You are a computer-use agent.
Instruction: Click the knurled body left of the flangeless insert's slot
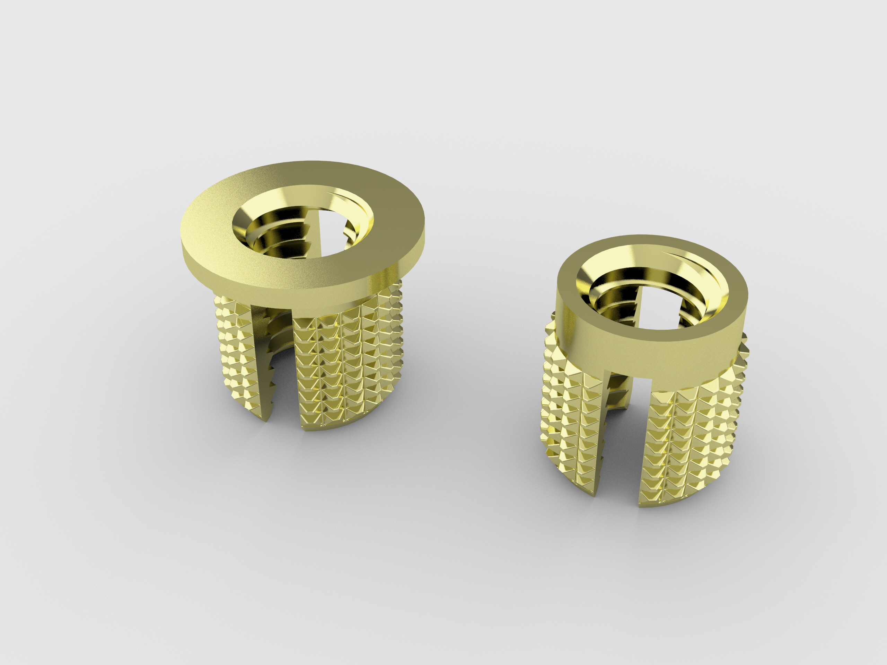click(x=569, y=421)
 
